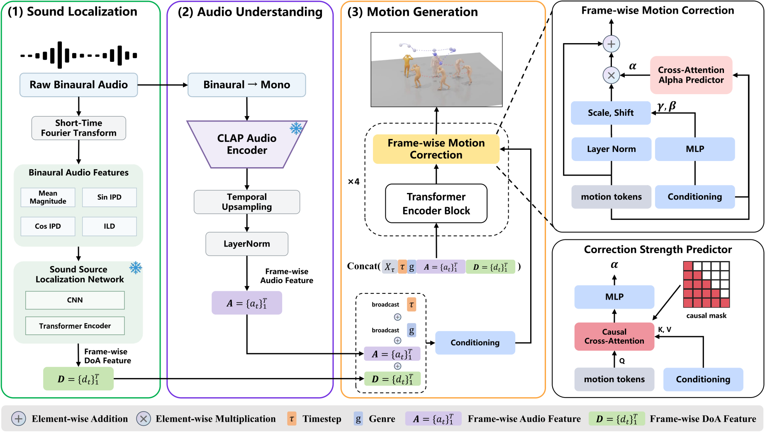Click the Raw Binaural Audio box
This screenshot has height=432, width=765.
click(79, 85)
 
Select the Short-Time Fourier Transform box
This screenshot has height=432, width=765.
click(79, 128)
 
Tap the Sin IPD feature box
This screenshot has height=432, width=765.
click(110, 197)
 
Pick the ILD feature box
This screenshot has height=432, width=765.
click(110, 226)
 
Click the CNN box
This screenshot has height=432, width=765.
click(75, 300)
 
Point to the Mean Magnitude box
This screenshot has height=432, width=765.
click(48, 197)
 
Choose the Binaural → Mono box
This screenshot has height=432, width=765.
click(247, 85)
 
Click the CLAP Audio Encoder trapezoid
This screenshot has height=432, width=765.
click(247, 144)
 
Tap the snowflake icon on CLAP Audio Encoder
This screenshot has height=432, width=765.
click(296, 128)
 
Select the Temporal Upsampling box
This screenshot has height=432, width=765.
click(247, 202)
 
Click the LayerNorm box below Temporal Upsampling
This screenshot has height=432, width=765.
click(247, 244)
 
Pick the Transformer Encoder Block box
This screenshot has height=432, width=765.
click(436, 203)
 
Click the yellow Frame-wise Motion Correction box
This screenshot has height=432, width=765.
click(436, 149)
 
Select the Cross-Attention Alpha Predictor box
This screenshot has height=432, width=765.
click(691, 75)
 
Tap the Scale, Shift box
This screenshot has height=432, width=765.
click(611, 113)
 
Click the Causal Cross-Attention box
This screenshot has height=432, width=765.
click(614, 337)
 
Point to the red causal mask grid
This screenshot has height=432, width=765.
click(707, 285)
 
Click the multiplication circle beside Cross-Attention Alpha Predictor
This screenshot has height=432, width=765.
click(611, 76)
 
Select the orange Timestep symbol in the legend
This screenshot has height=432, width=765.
click(292, 419)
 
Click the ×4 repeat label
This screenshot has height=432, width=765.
click(353, 182)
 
